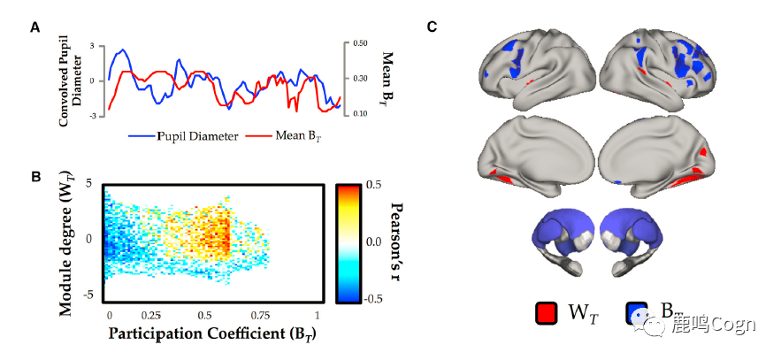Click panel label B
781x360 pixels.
[x=36, y=177]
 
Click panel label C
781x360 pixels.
[x=432, y=27]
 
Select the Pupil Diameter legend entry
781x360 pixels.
[x=183, y=137]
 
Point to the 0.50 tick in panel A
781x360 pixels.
[x=361, y=42]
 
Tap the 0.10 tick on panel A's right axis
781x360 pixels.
[x=361, y=114]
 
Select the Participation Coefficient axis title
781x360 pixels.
[x=212, y=334]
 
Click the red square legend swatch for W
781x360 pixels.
[x=546, y=313]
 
